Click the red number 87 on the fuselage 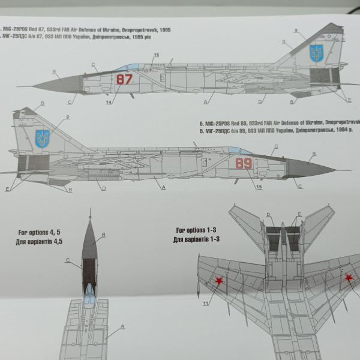[124, 80]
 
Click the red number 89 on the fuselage [244, 164]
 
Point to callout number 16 [156, 55]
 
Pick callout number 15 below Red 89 [259, 187]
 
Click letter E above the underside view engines [299, 214]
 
